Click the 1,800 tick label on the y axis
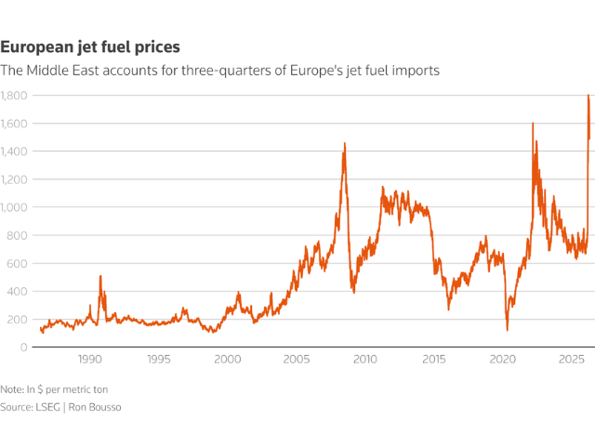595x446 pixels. [x=14, y=96]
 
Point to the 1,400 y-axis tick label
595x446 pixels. [x=14, y=151]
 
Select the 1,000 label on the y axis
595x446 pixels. [x=14, y=207]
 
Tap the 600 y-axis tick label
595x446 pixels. [x=17, y=263]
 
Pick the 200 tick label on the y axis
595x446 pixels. [x=17, y=319]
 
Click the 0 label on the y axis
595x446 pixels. [x=22, y=347]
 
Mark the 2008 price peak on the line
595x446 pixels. [x=345, y=143]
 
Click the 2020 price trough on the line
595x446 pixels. [x=507, y=330]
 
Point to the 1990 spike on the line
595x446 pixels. [x=100, y=276]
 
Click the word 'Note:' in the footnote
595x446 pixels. [x=13, y=389]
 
